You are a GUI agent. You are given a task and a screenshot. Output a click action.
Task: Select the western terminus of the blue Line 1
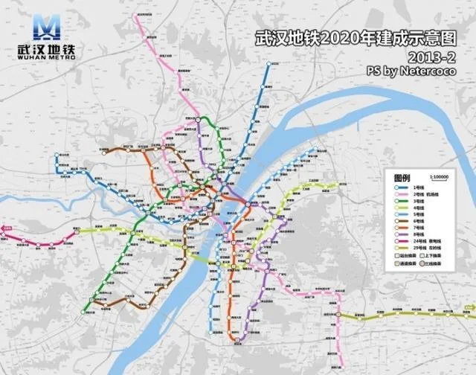(x=57, y=157)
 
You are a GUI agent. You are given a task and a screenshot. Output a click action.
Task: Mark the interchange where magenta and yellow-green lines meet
(x=77, y=232)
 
